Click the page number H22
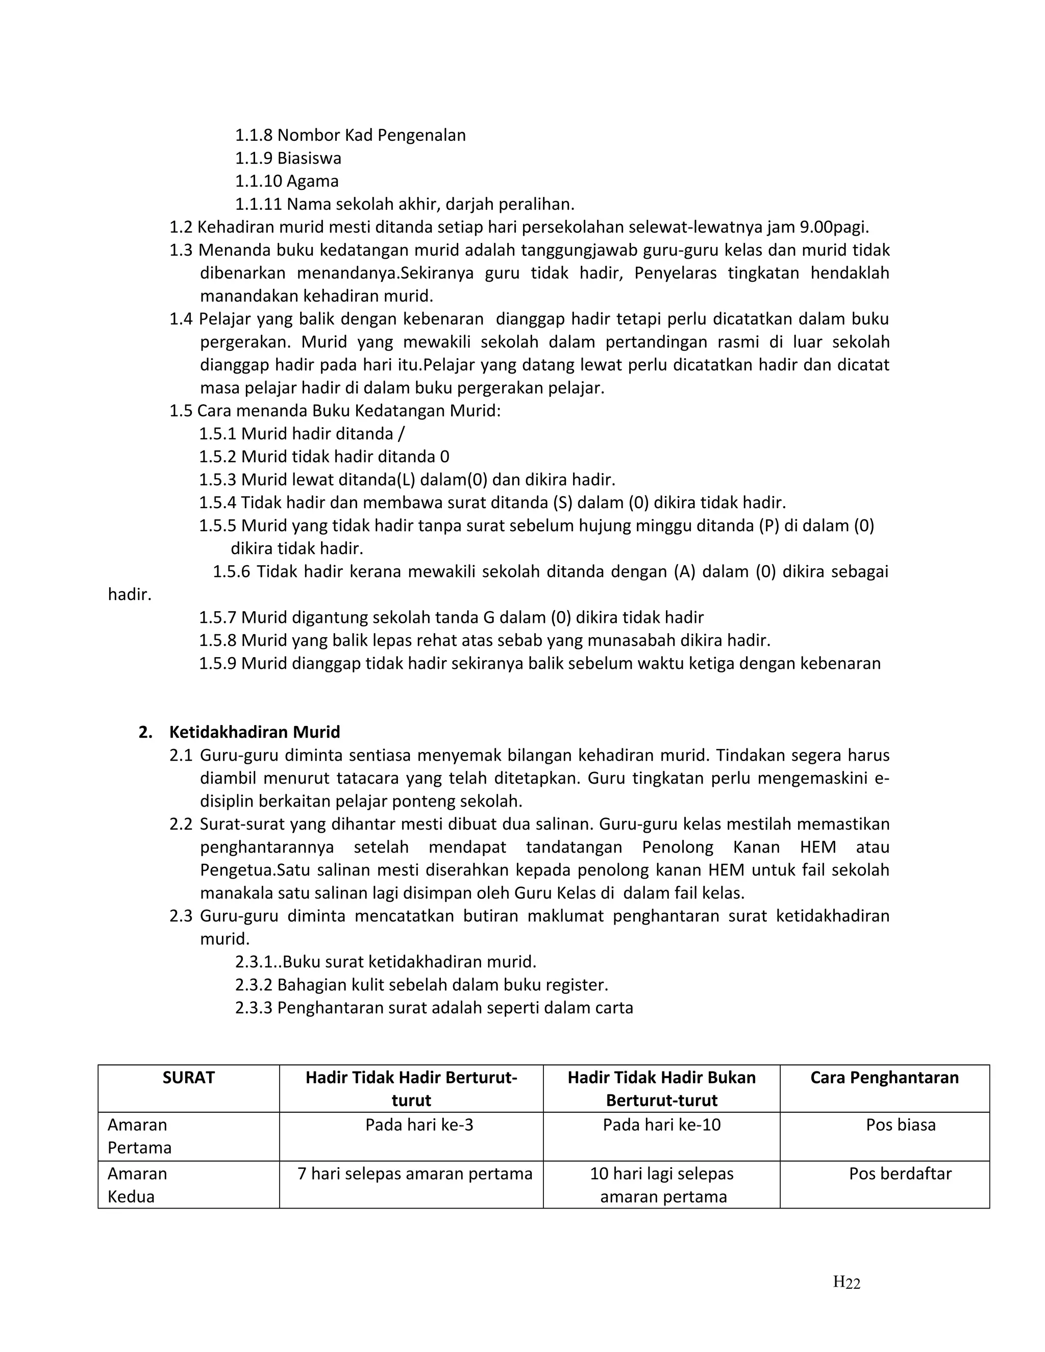[x=847, y=1282]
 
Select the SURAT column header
[x=188, y=1078]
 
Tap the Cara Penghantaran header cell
[x=884, y=1078]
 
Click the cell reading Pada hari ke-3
[x=419, y=1125]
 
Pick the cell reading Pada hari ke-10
[x=661, y=1125]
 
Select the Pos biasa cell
[x=900, y=1125]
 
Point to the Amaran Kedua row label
[x=137, y=1185]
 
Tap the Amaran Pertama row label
[x=139, y=1136]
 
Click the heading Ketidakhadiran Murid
[x=255, y=732]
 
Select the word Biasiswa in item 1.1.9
[x=309, y=159]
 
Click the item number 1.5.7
[x=217, y=618]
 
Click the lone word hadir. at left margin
[x=130, y=595]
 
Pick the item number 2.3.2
[x=253, y=985]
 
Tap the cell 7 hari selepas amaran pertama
[x=415, y=1174]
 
